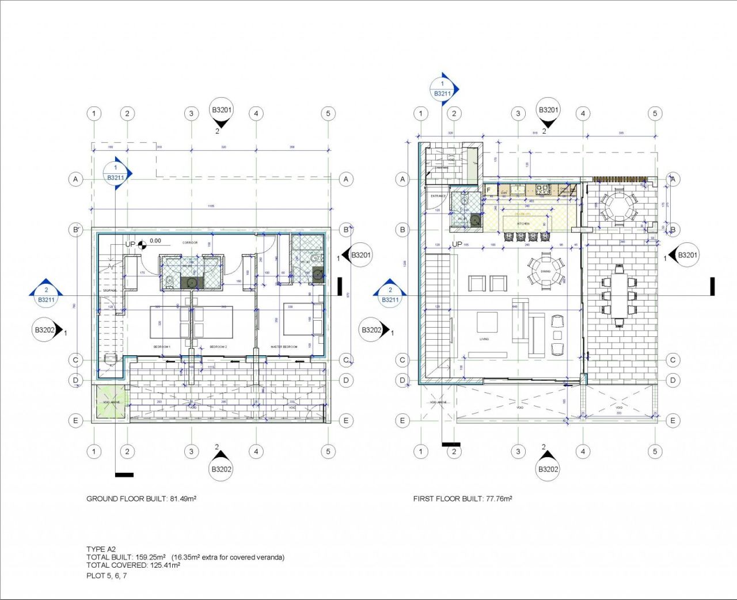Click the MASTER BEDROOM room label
(x=284, y=347)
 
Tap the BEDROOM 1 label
(x=162, y=347)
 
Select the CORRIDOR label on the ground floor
(x=190, y=242)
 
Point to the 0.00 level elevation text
(x=155, y=241)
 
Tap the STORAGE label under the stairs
(x=110, y=291)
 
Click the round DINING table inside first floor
(x=545, y=271)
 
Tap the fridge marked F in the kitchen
(x=488, y=189)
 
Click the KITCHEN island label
(x=523, y=223)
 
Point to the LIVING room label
(x=484, y=339)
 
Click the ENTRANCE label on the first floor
(x=438, y=196)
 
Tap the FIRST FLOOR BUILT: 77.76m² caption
(x=462, y=499)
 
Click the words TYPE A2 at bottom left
(x=101, y=549)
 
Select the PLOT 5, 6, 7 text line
(x=107, y=575)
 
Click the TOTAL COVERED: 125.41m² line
(x=133, y=565)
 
